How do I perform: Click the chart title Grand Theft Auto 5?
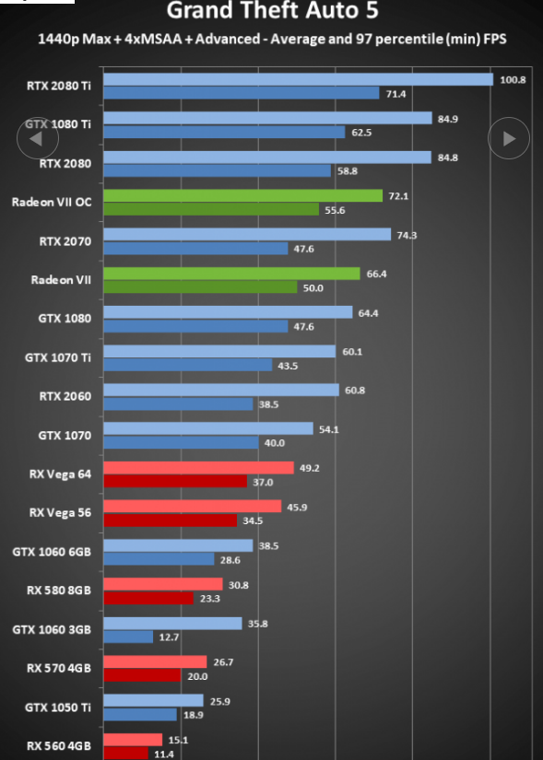(272, 10)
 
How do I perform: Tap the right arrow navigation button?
(509, 138)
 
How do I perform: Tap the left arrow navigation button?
(38, 138)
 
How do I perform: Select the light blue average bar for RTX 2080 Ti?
(299, 79)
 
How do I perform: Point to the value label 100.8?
(513, 80)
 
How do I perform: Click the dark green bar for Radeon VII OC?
(211, 209)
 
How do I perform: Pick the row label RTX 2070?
(65, 240)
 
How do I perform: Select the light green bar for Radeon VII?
(232, 274)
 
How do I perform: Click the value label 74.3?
(407, 235)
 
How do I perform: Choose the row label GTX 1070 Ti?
(58, 357)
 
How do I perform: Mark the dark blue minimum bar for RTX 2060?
(178, 403)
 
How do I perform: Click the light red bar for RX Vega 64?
(198, 468)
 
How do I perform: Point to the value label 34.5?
(253, 521)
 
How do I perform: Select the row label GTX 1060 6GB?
(52, 552)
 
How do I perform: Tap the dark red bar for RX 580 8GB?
(148, 598)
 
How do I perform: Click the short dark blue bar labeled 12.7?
(128, 637)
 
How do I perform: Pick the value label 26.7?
(223, 662)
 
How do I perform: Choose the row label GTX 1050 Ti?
(58, 707)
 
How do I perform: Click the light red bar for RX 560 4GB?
(133, 740)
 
